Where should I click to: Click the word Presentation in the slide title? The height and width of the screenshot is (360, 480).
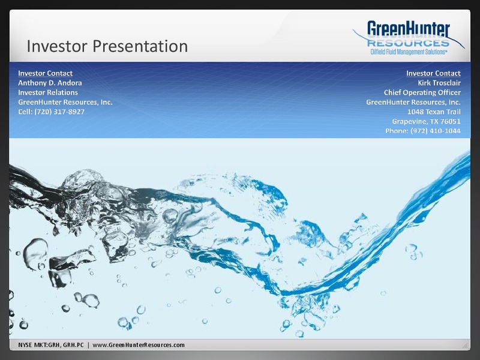pyautogui.click(x=140, y=47)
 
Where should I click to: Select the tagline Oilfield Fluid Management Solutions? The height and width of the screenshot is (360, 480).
pyautogui.click(x=409, y=52)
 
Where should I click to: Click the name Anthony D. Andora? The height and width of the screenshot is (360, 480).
pyautogui.click(x=50, y=83)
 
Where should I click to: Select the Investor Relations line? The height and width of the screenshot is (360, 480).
pyautogui.click(x=48, y=92)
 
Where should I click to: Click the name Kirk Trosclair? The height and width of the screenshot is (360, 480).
pyautogui.click(x=439, y=83)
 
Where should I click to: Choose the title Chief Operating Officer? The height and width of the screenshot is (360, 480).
pyautogui.click(x=422, y=92)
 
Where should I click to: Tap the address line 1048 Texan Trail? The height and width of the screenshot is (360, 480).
pyautogui.click(x=434, y=112)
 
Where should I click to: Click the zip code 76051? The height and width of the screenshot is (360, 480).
pyautogui.click(x=451, y=121)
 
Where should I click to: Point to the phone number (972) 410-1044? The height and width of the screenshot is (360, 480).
pyautogui.click(x=436, y=131)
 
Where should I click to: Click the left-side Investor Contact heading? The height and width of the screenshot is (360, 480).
pyautogui.click(x=46, y=73)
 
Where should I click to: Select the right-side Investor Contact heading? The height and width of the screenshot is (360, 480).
pyautogui.click(x=433, y=73)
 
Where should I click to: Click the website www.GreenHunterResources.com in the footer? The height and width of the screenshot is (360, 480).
pyautogui.click(x=139, y=345)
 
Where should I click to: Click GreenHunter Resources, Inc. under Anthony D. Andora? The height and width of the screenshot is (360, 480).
pyautogui.click(x=65, y=102)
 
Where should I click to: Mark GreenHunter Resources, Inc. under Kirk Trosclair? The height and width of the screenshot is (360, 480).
pyautogui.click(x=413, y=102)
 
